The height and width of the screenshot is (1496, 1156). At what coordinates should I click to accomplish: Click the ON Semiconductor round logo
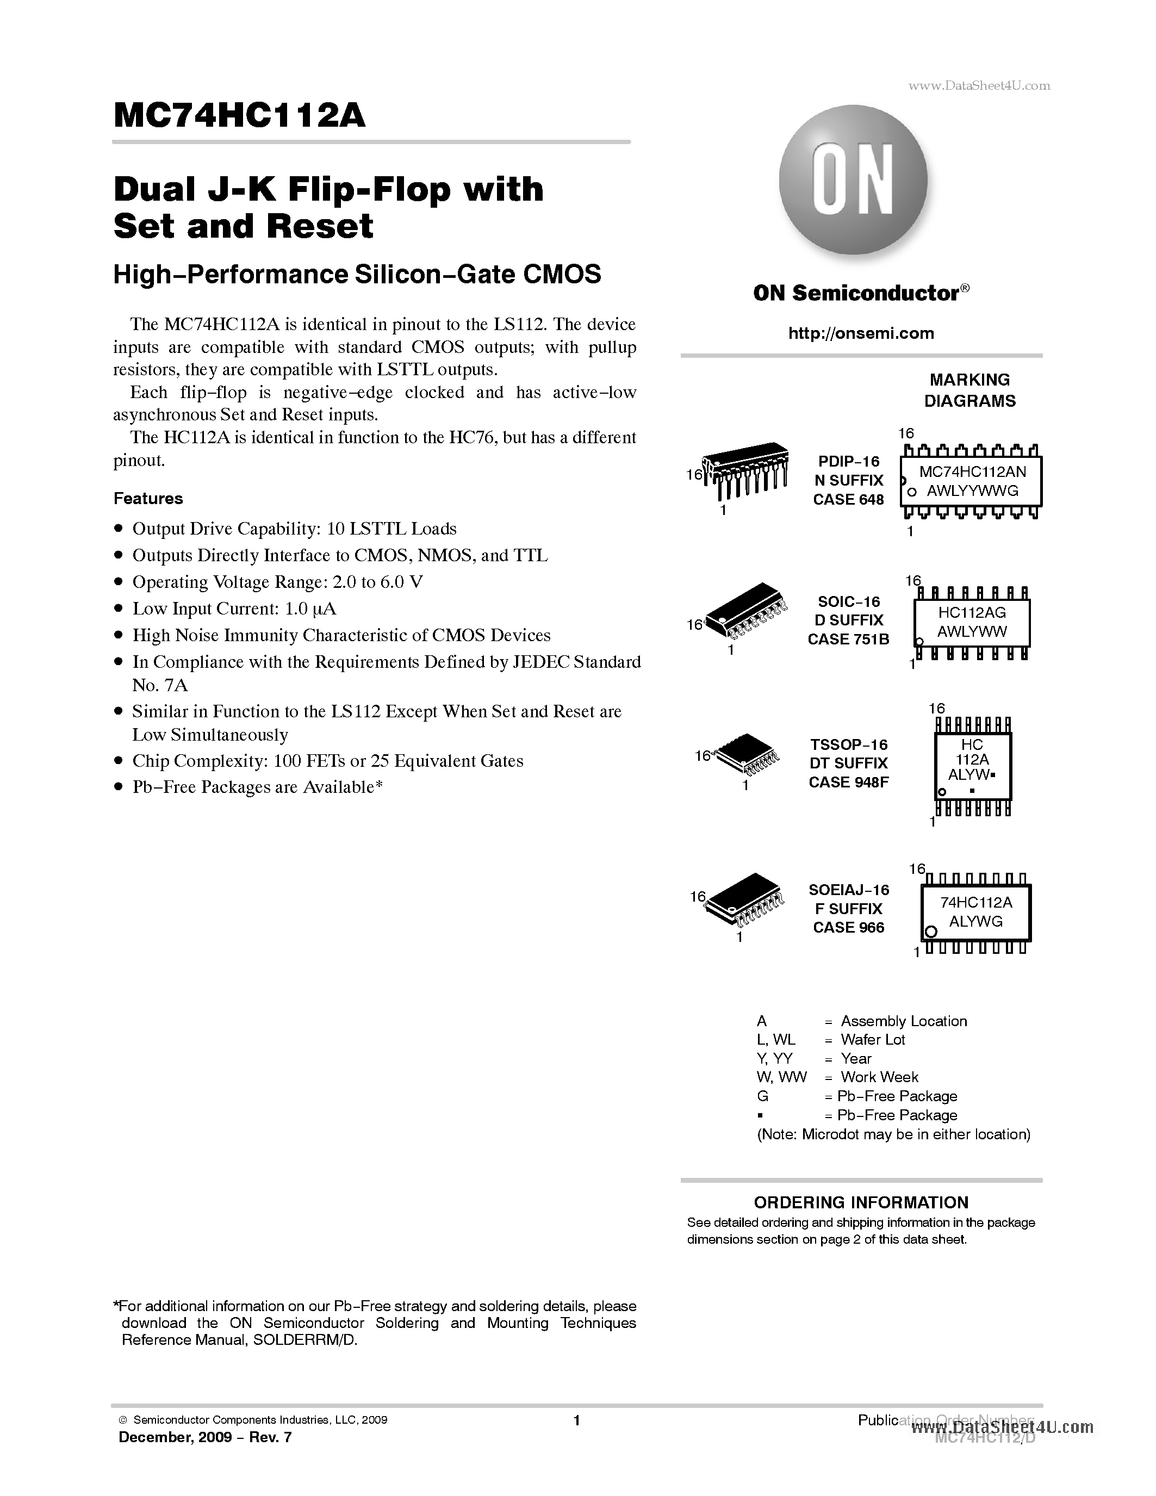pyautogui.click(x=853, y=179)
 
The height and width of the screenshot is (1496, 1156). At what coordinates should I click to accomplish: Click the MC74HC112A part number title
pyautogui.click(x=240, y=116)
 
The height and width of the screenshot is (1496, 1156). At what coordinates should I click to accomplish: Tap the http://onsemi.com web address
pyautogui.click(x=861, y=333)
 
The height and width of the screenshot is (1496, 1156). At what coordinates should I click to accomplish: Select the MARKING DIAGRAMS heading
pyautogui.click(x=969, y=390)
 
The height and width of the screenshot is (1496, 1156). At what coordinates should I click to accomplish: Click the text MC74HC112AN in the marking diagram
pyautogui.click(x=972, y=471)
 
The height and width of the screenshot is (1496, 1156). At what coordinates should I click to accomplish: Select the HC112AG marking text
pyautogui.click(x=972, y=612)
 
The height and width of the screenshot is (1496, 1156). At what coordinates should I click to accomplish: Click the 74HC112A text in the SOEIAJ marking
pyautogui.click(x=977, y=902)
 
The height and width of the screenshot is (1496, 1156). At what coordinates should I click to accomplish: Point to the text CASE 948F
pyautogui.click(x=848, y=782)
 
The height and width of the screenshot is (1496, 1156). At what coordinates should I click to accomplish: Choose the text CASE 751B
pyautogui.click(x=848, y=639)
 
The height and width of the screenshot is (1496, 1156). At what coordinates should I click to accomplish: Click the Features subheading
pyautogui.click(x=148, y=499)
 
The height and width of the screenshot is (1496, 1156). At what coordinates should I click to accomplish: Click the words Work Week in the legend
pyautogui.click(x=879, y=1077)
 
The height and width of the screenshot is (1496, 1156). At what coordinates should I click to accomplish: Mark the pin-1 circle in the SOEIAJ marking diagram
pyautogui.click(x=930, y=932)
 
